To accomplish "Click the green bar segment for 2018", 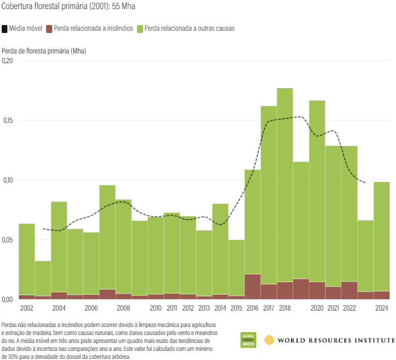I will pos(285,185).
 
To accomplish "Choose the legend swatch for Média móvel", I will pos(5,28).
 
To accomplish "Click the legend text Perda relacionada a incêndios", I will pos(93,28).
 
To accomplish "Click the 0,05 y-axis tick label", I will pos(7,240).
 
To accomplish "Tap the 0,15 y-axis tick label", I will pos(7,121).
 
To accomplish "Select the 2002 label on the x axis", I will pos(26,308).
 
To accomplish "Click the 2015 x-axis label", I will pos(236,308).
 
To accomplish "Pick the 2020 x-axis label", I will pos(317,308).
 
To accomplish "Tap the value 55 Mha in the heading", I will pos(123,7).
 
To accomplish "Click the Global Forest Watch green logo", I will pos(248,340).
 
